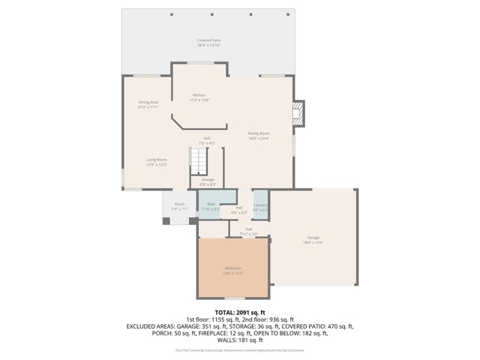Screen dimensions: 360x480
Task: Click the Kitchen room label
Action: (x=199, y=95)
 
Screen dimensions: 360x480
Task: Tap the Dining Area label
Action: (x=148, y=102)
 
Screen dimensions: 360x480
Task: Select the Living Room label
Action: (x=156, y=159)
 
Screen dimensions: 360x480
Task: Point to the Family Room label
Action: (x=259, y=133)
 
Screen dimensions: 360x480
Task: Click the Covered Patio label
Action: (x=208, y=40)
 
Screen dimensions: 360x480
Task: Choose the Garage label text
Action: (x=313, y=237)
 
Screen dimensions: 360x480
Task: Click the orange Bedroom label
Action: (x=232, y=268)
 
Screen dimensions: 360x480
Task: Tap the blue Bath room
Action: (x=211, y=205)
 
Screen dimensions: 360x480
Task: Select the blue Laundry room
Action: (x=261, y=206)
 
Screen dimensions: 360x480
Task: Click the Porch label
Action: (x=179, y=204)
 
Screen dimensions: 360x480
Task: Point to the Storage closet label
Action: (x=208, y=179)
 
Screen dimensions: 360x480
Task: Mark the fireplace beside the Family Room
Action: (x=298, y=114)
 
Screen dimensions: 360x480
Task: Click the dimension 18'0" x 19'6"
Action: (x=313, y=242)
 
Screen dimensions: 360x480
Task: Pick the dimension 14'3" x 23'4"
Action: (x=259, y=138)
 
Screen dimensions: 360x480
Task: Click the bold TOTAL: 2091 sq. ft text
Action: (x=240, y=312)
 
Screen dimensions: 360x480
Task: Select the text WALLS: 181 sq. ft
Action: (x=240, y=340)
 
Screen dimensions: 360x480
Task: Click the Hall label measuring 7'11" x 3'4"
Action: (x=248, y=234)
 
